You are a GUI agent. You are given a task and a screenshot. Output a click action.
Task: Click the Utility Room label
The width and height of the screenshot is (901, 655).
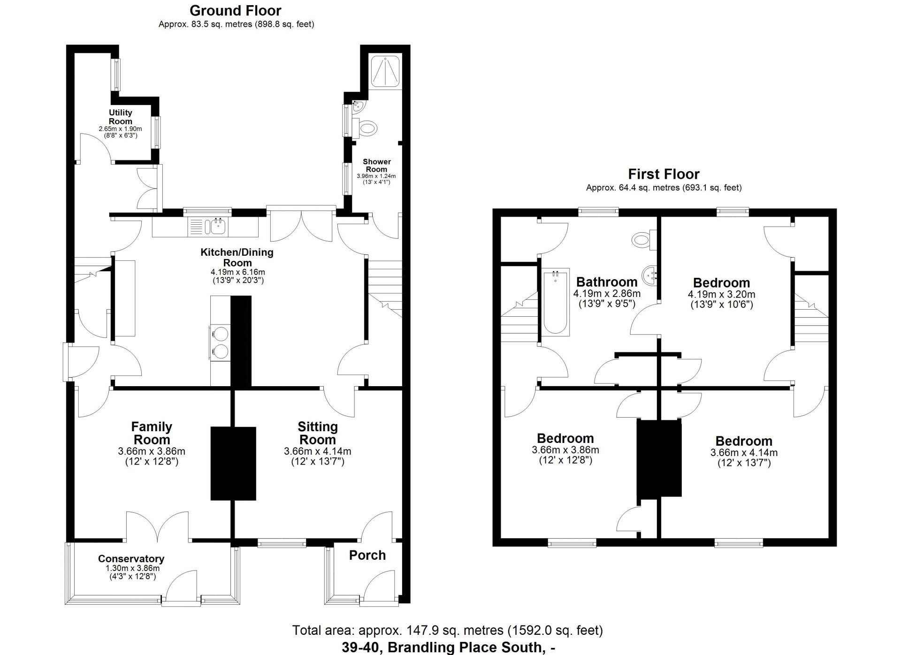point(121,117)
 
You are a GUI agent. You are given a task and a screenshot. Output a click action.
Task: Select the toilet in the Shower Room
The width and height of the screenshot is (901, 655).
point(365,127)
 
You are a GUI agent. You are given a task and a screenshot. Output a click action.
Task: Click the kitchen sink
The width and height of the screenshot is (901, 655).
point(207,226)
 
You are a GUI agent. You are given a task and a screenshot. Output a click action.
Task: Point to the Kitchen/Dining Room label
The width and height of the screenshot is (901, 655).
point(237,257)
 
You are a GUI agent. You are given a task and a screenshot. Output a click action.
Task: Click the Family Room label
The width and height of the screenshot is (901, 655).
point(152,433)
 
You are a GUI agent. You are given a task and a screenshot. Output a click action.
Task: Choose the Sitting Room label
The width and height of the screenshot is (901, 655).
point(318,433)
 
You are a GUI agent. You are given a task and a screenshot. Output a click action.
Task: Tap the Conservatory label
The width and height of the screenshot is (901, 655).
point(131,559)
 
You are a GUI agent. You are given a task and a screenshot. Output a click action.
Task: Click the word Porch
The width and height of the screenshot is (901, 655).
point(367,556)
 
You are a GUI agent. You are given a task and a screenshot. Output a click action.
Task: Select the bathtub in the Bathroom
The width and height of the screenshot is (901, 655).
point(556,302)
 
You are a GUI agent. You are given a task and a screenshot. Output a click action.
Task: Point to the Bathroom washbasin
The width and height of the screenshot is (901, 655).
point(650,275)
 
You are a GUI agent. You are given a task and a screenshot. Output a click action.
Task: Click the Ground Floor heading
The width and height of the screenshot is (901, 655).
point(236,10)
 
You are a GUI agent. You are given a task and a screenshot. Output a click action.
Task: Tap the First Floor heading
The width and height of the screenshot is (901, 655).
point(664,174)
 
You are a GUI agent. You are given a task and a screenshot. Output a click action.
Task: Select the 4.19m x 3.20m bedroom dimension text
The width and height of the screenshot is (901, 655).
point(721,295)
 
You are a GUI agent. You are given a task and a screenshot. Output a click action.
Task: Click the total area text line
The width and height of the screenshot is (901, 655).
point(448,630)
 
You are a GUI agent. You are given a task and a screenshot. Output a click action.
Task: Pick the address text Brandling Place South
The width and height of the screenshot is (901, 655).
point(465,647)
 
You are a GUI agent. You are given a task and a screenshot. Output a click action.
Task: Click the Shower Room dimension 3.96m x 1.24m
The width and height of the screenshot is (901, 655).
point(376,176)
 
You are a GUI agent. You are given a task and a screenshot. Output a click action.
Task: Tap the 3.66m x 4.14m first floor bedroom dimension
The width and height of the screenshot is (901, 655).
point(744,453)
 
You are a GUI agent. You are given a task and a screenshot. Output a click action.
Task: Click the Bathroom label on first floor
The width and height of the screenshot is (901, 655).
point(607,282)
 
